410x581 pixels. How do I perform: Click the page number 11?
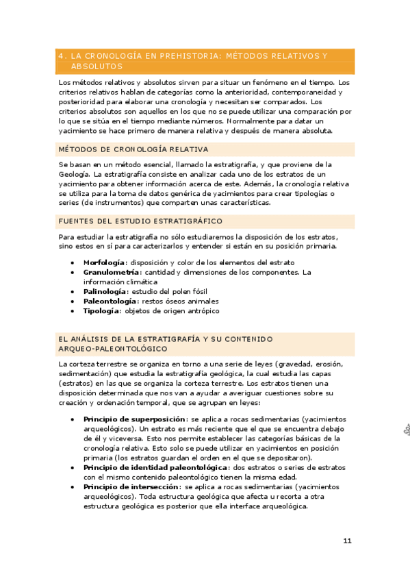click(347, 541)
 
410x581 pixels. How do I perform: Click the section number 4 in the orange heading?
click(61, 55)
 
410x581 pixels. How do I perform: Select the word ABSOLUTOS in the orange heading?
click(96, 66)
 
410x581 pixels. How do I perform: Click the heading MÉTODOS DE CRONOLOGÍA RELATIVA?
click(133, 149)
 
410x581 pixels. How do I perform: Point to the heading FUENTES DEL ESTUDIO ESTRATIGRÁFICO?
click(140, 221)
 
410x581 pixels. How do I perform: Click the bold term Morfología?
click(104, 262)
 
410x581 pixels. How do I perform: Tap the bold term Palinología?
click(105, 291)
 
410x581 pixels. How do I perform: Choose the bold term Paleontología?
click(110, 301)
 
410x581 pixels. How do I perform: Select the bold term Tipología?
click(101, 310)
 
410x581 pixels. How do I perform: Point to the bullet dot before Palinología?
click(73, 291)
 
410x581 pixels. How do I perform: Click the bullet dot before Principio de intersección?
click(73, 486)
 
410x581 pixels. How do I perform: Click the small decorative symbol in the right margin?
click(404, 430)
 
